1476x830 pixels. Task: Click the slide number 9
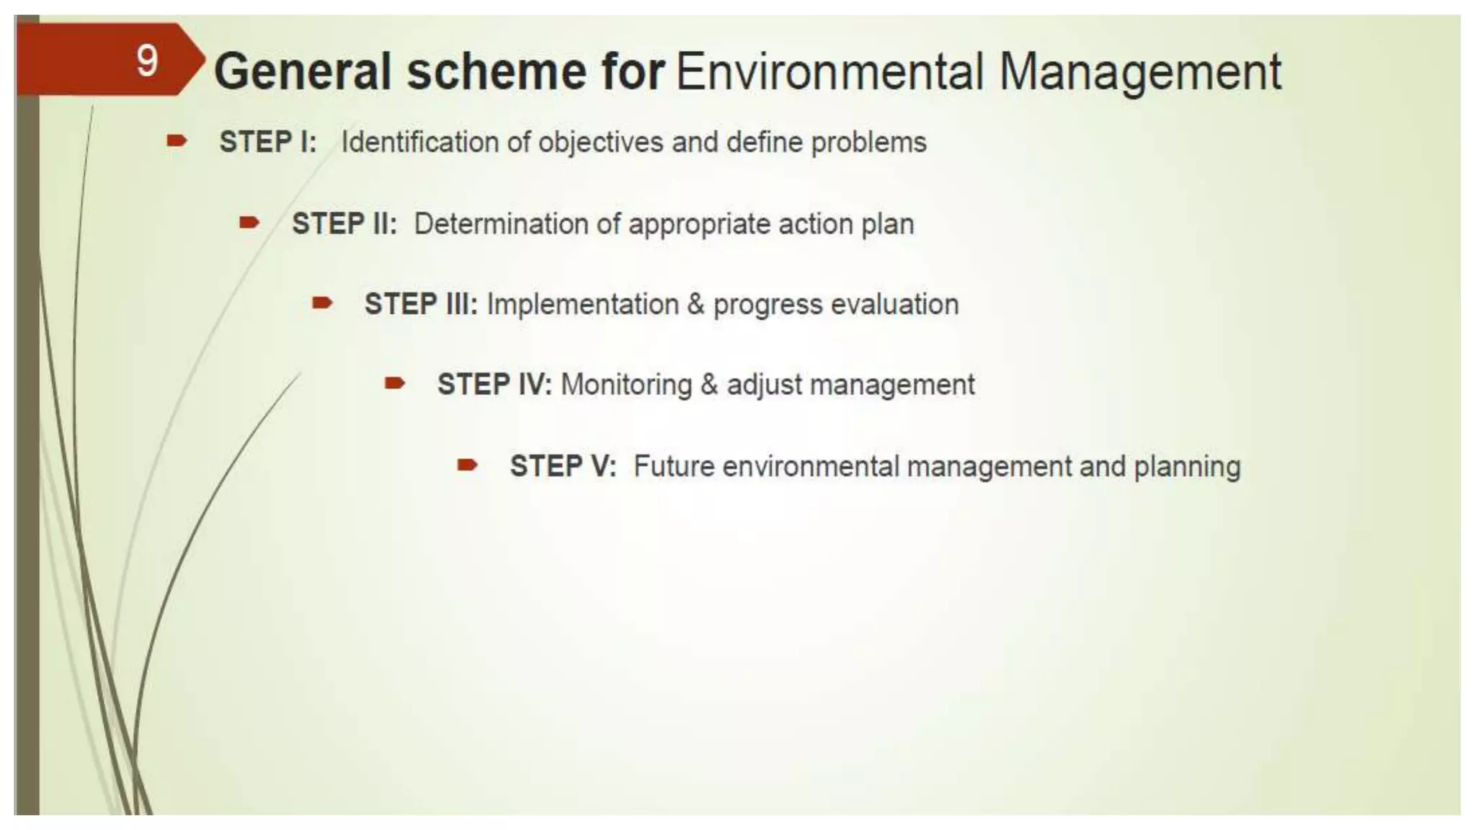click(x=147, y=61)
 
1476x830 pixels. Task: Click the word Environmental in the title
click(x=830, y=72)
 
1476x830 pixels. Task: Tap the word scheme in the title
click(x=497, y=72)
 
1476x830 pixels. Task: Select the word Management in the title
click(x=1140, y=72)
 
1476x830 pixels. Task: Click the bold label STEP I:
click(x=268, y=142)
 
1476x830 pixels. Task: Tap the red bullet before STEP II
click(x=249, y=223)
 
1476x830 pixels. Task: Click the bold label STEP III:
click(x=421, y=304)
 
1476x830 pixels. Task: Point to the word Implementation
click(x=582, y=304)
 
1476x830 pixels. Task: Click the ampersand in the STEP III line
click(x=695, y=304)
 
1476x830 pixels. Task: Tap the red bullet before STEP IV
click(x=395, y=383)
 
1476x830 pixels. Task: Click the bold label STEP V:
click(x=563, y=466)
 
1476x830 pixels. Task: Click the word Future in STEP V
click(x=674, y=466)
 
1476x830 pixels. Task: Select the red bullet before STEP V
click(x=468, y=465)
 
